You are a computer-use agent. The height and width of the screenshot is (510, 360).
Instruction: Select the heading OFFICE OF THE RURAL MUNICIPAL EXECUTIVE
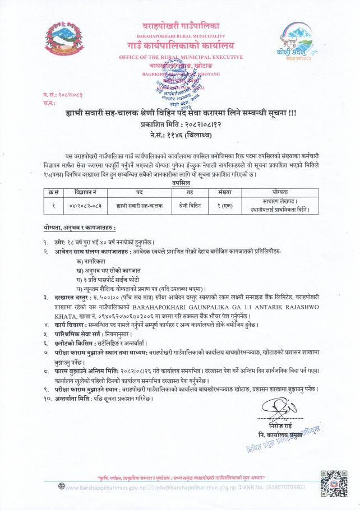point(181,58)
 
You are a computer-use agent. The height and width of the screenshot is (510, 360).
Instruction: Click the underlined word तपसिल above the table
point(180,183)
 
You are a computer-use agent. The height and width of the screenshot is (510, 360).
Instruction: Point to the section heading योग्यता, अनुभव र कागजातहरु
point(80,229)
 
